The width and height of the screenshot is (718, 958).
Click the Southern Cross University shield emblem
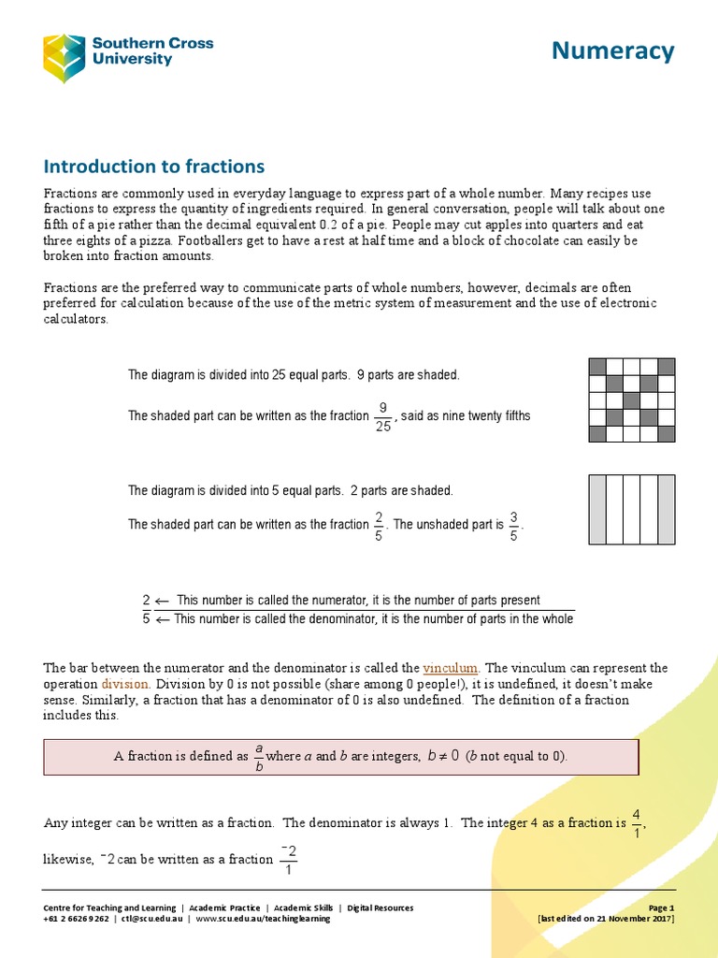coord(64,57)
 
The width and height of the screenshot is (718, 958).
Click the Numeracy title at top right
coord(612,51)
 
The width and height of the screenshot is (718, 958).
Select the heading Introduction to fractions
coord(154,167)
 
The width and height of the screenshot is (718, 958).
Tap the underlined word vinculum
coord(452,668)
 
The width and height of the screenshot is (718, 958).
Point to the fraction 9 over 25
coord(381,416)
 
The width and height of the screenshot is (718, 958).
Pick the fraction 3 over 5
coord(513,525)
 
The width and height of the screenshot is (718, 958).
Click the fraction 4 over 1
coord(636,823)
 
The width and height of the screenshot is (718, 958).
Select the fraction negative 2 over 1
coord(289,860)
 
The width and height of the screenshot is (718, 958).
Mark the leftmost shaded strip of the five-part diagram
coord(597,509)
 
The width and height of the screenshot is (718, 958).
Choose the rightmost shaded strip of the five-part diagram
coord(667,509)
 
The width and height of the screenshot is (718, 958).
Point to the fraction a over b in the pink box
coord(258,756)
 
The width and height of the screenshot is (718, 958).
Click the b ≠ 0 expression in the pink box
coord(442,756)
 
